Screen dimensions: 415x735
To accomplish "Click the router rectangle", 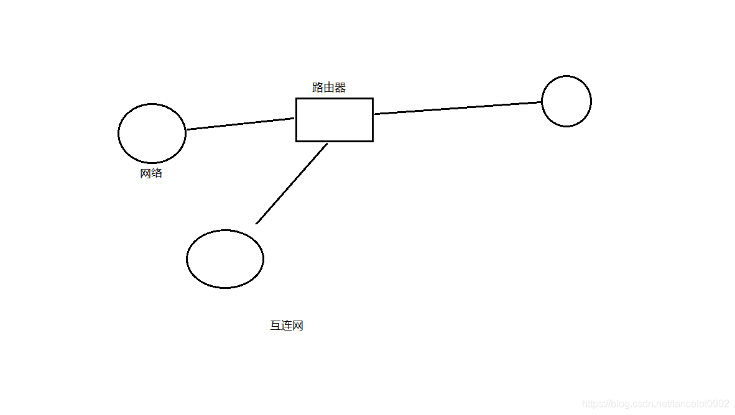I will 334,120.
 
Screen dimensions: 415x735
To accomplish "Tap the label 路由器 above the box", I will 329,88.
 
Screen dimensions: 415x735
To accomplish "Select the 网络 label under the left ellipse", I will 151,173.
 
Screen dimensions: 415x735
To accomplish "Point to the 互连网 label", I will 287,326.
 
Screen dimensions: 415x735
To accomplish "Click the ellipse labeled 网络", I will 152,134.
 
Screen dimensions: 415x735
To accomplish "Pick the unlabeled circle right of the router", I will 566,101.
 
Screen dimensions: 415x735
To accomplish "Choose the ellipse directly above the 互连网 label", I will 225,259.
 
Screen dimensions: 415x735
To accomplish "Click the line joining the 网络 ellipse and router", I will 240,124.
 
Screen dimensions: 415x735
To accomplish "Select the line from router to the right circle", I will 457,108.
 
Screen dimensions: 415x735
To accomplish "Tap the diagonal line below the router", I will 291,183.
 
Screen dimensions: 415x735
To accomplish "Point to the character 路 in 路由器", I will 318,88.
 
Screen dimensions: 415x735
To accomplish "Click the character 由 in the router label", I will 329,88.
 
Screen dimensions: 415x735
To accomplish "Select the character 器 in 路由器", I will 340,88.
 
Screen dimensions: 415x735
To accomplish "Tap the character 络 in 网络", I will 157,173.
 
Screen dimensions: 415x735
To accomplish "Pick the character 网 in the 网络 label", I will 146,173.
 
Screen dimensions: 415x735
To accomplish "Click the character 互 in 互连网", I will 275,326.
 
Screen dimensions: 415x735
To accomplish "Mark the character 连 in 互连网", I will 287,326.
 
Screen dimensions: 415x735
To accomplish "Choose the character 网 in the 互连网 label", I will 298,326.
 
